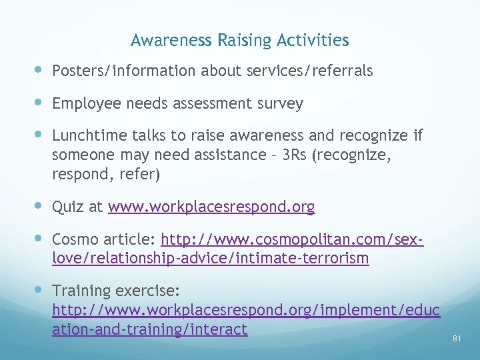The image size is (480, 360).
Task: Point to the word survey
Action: coord(281,104)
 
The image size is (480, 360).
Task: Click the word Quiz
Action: coord(67,207)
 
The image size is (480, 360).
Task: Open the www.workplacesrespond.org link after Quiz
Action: coord(211,207)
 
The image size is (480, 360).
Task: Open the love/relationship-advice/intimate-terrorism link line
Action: coord(210,257)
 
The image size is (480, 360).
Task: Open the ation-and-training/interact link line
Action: coord(149,329)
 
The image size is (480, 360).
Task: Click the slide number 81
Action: coord(457,339)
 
